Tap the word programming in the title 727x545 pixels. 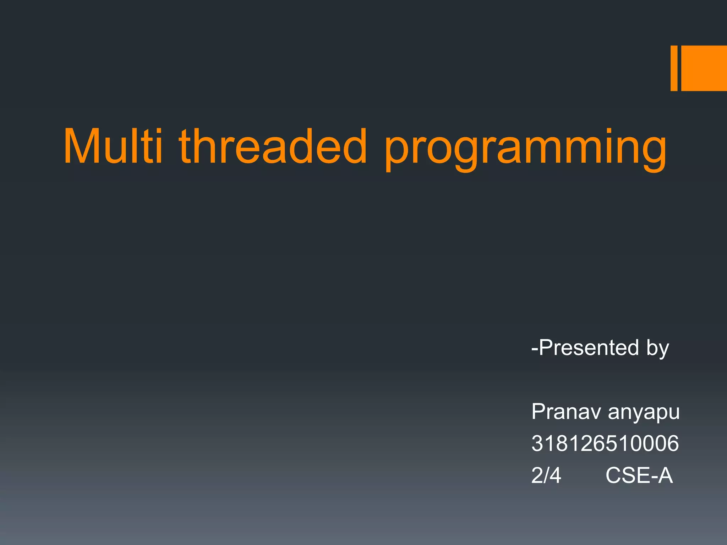[525, 149]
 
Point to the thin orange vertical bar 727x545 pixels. [674, 68]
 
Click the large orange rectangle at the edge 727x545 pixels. [704, 68]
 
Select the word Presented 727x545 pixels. [589, 347]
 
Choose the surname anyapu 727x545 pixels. [644, 413]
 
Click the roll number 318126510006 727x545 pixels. [605, 443]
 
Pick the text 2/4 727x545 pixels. [546, 475]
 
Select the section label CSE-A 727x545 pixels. [639, 475]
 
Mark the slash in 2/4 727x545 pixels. [546, 475]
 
